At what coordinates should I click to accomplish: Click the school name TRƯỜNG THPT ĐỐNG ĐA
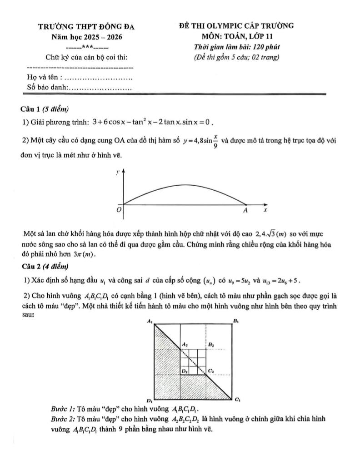(x=86, y=27)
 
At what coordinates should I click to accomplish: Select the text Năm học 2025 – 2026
(x=86, y=37)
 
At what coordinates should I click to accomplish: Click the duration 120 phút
(x=264, y=47)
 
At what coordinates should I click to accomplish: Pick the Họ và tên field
(x=80, y=78)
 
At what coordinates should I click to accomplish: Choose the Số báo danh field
(x=80, y=87)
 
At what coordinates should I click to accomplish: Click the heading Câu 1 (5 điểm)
(x=44, y=109)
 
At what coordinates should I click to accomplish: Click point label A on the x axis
(x=245, y=211)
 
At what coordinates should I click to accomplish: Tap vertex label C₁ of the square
(x=236, y=400)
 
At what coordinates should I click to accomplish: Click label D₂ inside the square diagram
(x=185, y=371)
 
